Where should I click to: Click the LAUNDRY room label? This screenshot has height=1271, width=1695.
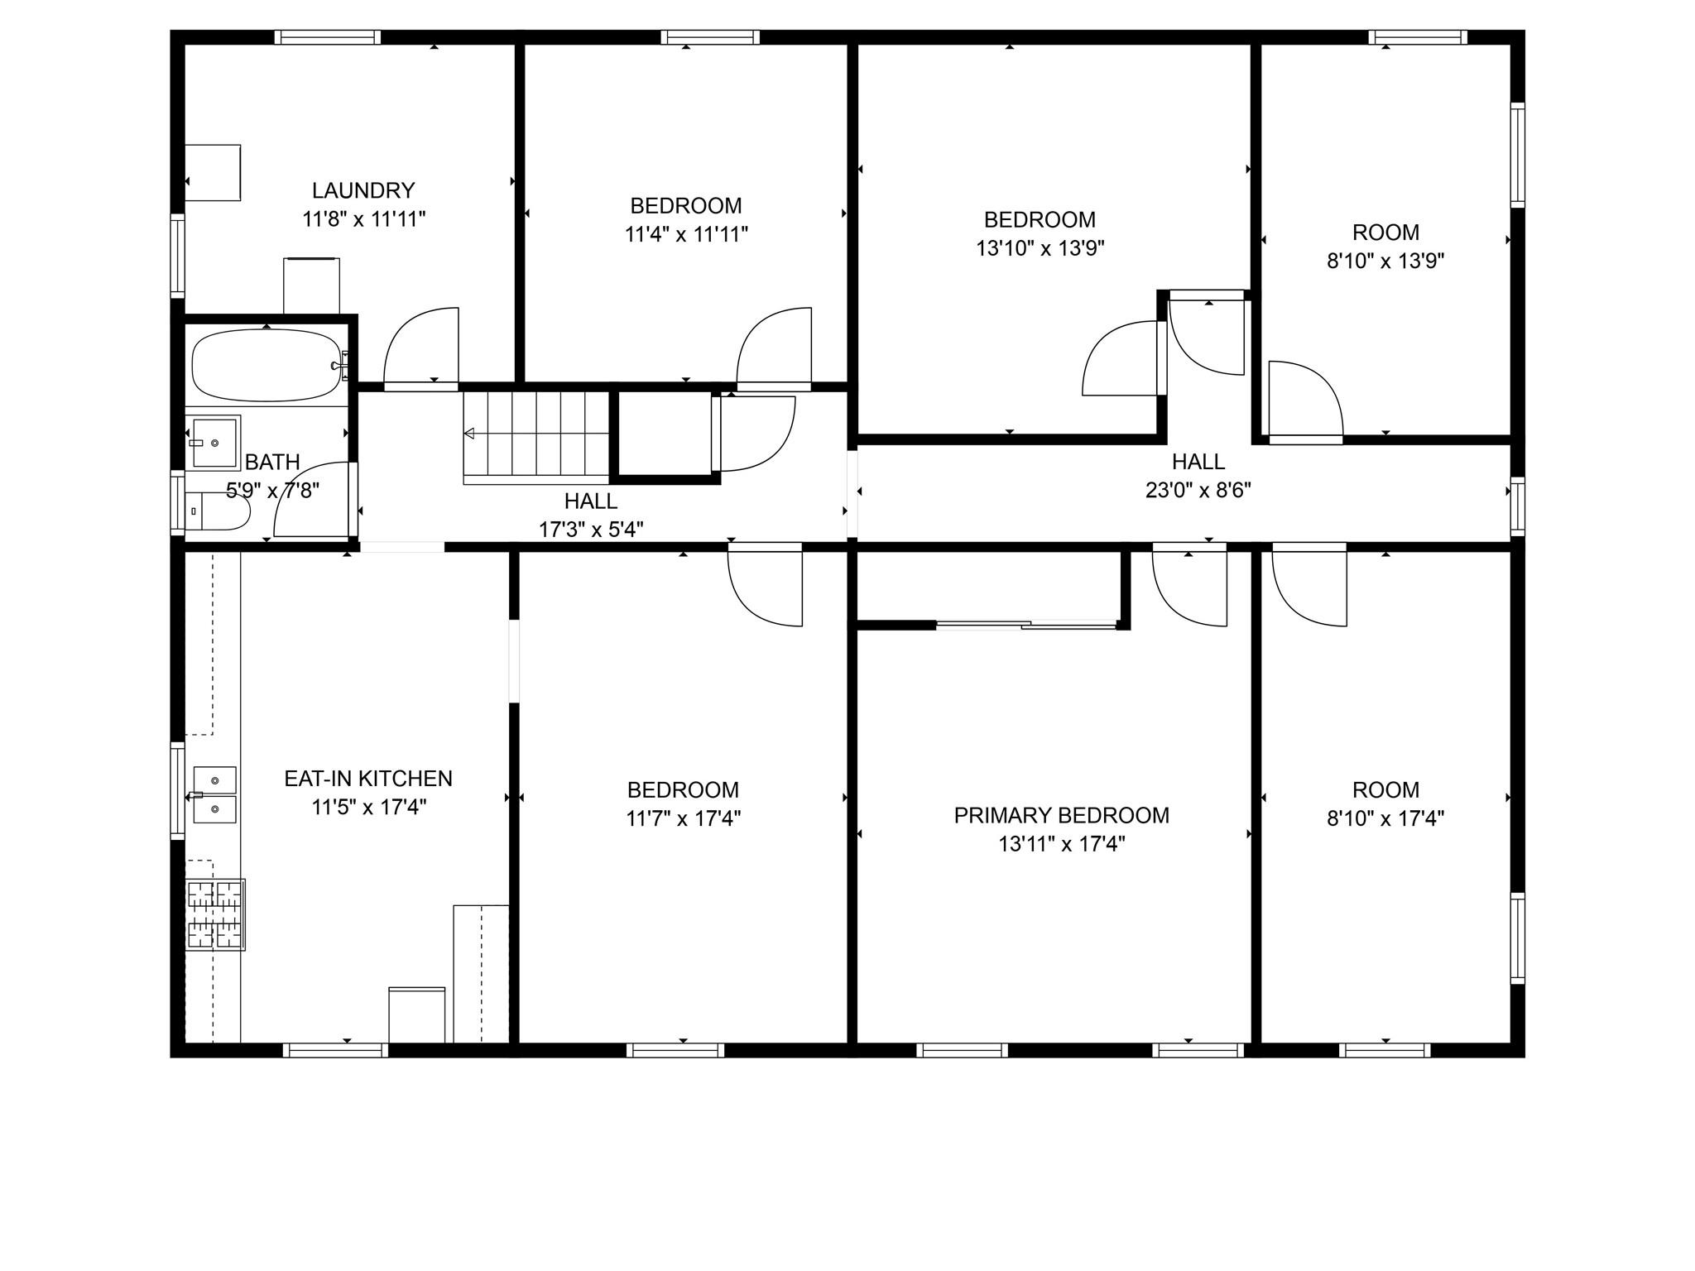[x=363, y=190]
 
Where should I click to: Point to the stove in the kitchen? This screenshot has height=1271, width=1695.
[x=214, y=914]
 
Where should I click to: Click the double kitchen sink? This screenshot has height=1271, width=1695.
[x=214, y=794]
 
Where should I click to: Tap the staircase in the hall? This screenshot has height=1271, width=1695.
[x=536, y=438]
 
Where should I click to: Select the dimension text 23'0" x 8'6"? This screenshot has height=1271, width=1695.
[x=1198, y=490]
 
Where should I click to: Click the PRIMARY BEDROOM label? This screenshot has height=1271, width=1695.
[x=1061, y=815]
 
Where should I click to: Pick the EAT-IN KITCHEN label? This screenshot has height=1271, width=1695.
[x=368, y=779]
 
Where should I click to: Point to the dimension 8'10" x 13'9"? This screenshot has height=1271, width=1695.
[x=1385, y=261]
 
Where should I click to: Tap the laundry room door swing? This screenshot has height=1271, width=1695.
[x=420, y=348]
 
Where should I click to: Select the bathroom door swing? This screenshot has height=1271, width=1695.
[x=313, y=500]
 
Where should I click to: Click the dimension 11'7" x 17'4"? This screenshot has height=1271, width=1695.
[x=683, y=819]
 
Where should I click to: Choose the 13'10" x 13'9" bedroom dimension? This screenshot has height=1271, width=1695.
[x=1040, y=248]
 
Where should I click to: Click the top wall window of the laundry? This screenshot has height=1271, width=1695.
[x=328, y=37]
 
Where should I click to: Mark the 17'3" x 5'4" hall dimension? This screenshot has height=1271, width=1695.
[x=591, y=530]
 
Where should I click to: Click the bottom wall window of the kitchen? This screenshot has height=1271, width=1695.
[x=335, y=1050]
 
